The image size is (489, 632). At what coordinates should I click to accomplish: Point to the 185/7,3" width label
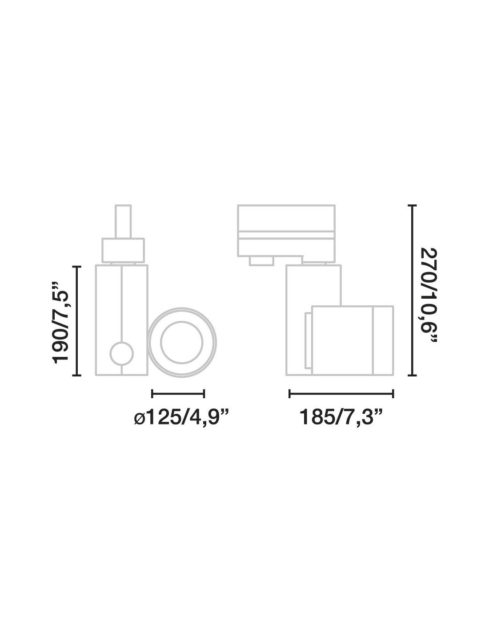341,417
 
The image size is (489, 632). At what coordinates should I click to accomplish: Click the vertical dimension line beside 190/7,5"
77,321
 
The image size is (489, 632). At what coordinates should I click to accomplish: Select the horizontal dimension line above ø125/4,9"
178,394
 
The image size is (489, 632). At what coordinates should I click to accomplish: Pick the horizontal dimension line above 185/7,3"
341,394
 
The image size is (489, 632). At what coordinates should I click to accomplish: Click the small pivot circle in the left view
122,354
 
